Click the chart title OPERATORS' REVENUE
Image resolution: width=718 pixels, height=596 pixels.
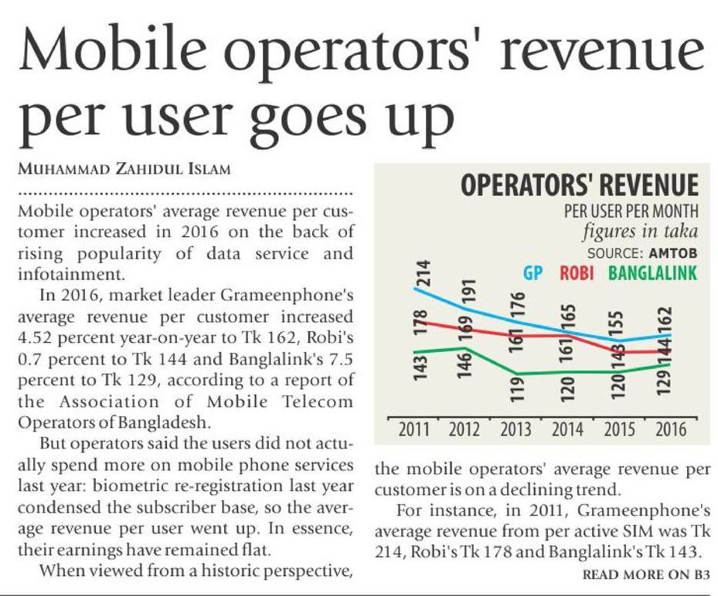point(579,187)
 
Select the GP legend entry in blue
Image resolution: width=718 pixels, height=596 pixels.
point(533,273)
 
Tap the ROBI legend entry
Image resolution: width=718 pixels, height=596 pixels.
point(578,273)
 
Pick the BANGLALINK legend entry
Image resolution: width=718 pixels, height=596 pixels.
point(652,273)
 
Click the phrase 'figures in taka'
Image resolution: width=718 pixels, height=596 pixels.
point(641,232)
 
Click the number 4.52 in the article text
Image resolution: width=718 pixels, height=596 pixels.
point(39,337)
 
